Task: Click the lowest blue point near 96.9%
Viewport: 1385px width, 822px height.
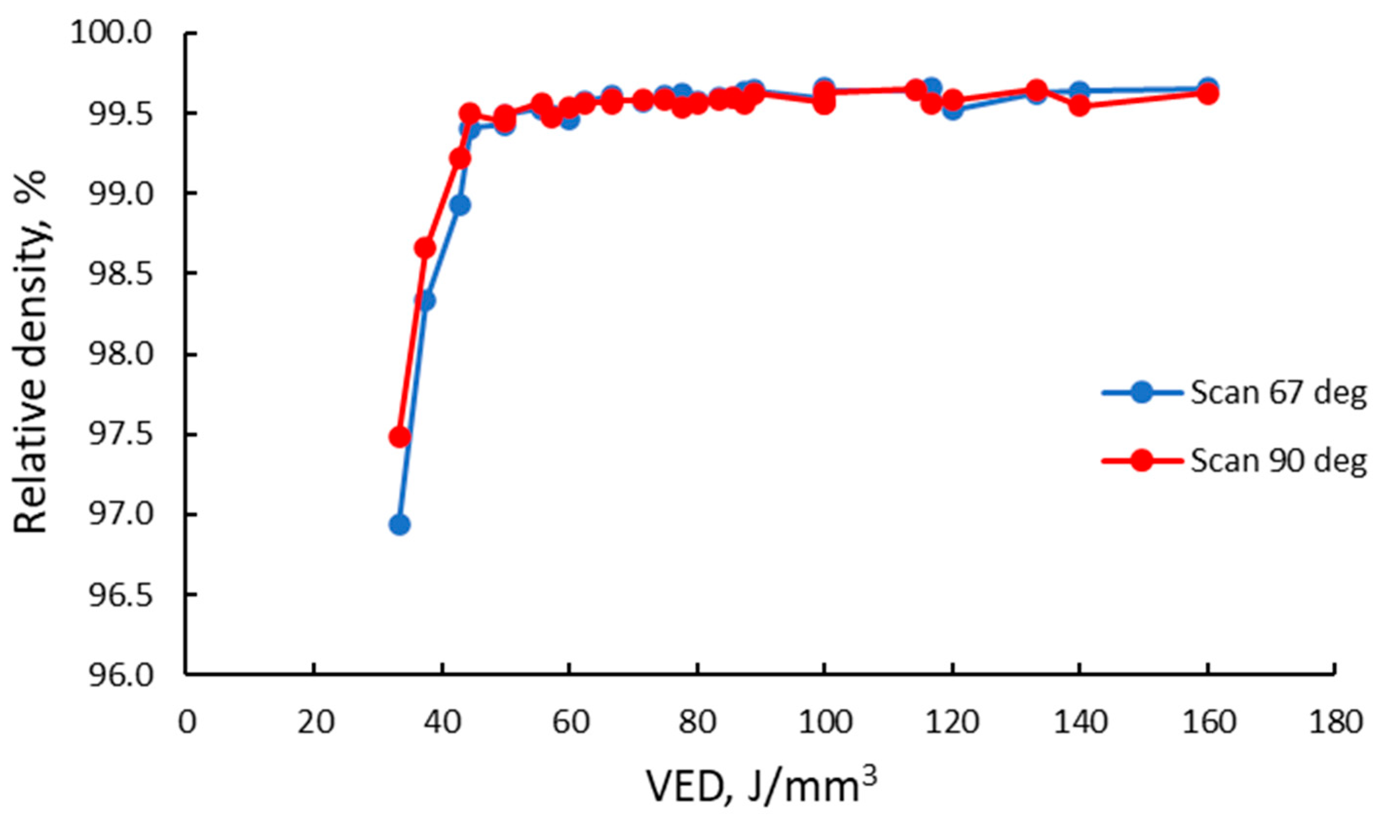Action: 399,524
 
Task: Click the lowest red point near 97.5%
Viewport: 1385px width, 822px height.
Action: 399,437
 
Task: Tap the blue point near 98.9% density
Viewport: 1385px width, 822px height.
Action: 461,205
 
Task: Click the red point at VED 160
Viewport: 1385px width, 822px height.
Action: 1208,93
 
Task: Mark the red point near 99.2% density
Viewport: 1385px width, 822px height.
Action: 460,158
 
